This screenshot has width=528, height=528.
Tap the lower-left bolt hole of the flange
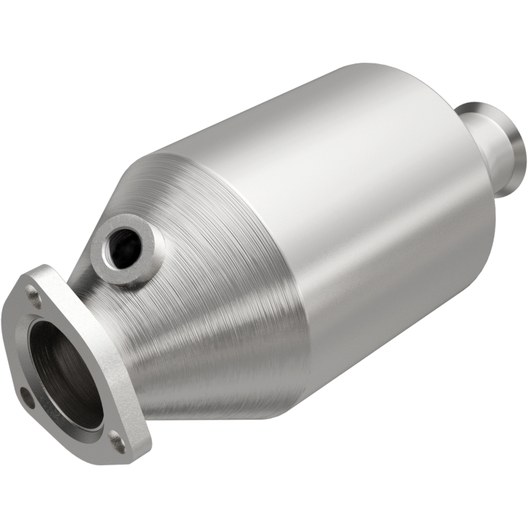pos(26,397)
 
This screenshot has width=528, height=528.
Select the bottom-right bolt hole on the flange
pos(117,442)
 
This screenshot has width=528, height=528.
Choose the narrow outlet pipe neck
pos(492,158)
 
